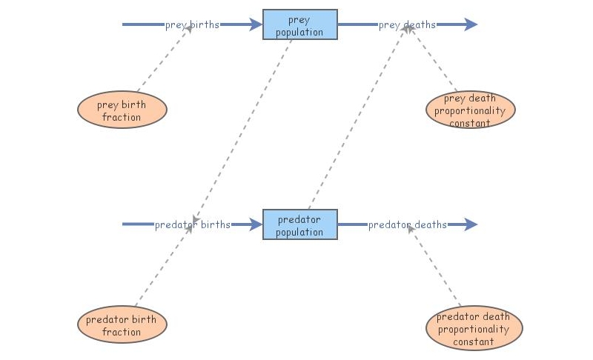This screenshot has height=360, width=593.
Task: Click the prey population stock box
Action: pyautogui.click(x=300, y=24)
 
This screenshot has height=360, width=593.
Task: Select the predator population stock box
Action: pyautogui.click(x=300, y=224)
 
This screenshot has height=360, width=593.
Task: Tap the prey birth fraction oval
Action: pyautogui.click(x=122, y=111)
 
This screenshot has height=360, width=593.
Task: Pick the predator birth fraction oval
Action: pyautogui.click(x=122, y=325)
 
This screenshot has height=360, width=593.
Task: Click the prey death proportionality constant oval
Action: pyautogui.click(x=471, y=110)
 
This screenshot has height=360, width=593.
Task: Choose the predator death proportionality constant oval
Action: pyautogui.click(x=474, y=328)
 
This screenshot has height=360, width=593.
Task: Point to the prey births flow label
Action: pyautogui.click(x=192, y=24)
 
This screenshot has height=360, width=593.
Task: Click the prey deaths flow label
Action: pyautogui.click(x=407, y=25)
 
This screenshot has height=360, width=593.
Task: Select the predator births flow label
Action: pyautogui.click(x=192, y=224)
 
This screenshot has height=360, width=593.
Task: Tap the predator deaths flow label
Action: pyautogui.click(x=408, y=224)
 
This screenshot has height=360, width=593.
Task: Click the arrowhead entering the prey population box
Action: pyautogui.click(x=256, y=24)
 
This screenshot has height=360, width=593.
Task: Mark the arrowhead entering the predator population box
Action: pyautogui.click(x=256, y=224)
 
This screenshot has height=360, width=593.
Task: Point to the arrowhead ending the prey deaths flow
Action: pyautogui.click(x=471, y=24)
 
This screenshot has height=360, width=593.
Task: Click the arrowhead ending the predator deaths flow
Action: pyautogui.click(x=471, y=224)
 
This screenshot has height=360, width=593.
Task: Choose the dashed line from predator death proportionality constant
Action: pyautogui.click(x=437, y=267)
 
